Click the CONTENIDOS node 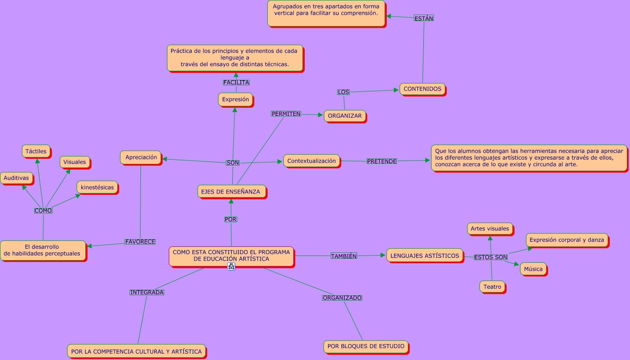[x=422, y=89]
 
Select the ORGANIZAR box [x=345, y=116]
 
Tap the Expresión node [x=235, y=99]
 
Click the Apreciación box [x=141, y=157]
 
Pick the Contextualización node [x=312, y=161]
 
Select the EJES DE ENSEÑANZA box [x=231, y=192]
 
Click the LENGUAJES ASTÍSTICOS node [x=425, y=256]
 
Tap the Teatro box [x=492, y=287]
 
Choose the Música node [x=533, y=269]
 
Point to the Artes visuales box [x=490, y=229]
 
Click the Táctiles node [x=36, y=151]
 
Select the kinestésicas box [x=97, y=187]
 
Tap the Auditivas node [x=16, y=178]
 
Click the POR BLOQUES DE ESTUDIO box [x=366, y=346]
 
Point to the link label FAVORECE [x=140, y=241]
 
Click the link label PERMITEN [x=286, y=114]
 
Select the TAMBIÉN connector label [x=344, y=256]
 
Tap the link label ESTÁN [x=424, y=18]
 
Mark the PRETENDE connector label [x=382, y=161]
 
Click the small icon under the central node [x=231, y=266]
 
